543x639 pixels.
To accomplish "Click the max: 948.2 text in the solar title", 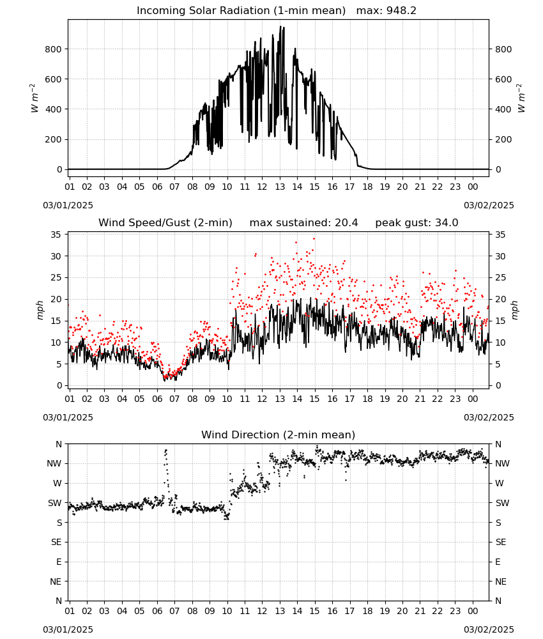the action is pyautogui.click(x=386, y=11).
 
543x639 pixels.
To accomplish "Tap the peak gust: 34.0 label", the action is pyautogui.click(x=417, y=223).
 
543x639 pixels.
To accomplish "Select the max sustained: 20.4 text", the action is pyautogui.click(x=303, y=223).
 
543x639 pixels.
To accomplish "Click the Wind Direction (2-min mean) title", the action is pyautogui.click(x=279, y=435).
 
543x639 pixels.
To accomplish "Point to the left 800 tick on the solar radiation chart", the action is pyautogui.click(x=54, y=49).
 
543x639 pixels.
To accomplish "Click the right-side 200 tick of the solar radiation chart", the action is pyautogui.click(x=503, y=139).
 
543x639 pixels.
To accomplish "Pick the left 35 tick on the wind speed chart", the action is pyautogui.click(x=56, y=235).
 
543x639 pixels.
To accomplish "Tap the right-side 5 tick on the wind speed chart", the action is pyautogui.click(x=498, y=364).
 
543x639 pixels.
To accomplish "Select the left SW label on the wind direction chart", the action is pyautogui.click(x=55, y=504).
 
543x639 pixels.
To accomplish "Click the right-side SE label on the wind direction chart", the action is pyautogui.click(x=501, y=543).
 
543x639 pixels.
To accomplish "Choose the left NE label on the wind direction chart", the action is pyautogui.click(x=56, y=582).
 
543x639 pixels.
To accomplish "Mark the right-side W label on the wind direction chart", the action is pyautogui.click(x=500, y=484).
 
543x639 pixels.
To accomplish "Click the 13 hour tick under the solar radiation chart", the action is pyautogui.click(x=280, y=187).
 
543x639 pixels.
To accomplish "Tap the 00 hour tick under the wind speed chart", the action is pyautogui.click(x=473, y=399).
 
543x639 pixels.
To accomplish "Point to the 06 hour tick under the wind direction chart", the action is pyautogui.click(x=157, y=612).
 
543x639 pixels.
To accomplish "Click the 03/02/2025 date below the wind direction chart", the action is pyautogui.click(x=489, y=630).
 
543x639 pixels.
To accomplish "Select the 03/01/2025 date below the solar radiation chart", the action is pyautogui.click(x=68, y=205).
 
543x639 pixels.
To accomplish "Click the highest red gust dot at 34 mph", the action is pyautogui.click(x=314, y=239).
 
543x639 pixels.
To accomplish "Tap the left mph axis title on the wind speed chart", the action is pyautogui.click(x=40, y=310).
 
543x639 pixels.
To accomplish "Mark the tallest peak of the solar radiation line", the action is pyautogui.click(x=280, y=26).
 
